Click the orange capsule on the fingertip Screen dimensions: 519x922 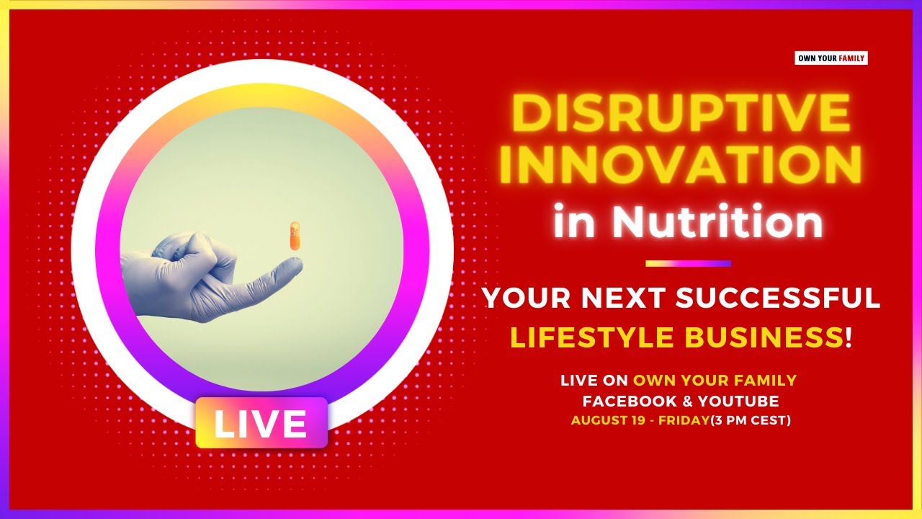pos(294,236)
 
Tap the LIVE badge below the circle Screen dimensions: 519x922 pos(261,423)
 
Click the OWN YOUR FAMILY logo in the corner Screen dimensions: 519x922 pos(831,58)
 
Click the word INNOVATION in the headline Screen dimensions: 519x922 pos(680,166)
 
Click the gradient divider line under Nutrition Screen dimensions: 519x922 pos(688,264)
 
